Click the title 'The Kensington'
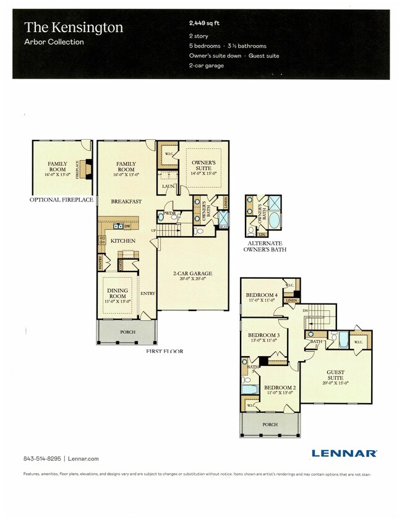pos(74,27)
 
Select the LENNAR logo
pos(344,453)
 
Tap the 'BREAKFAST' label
pos(126,202)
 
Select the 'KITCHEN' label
pos(123,241)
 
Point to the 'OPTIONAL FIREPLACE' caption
pos(62,200)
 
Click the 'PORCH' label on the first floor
pos(127,332)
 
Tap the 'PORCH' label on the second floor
pos(269,425)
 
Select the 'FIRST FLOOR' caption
pos(165,351)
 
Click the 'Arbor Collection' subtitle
pos(54,43)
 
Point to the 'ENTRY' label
pos(147,294)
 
